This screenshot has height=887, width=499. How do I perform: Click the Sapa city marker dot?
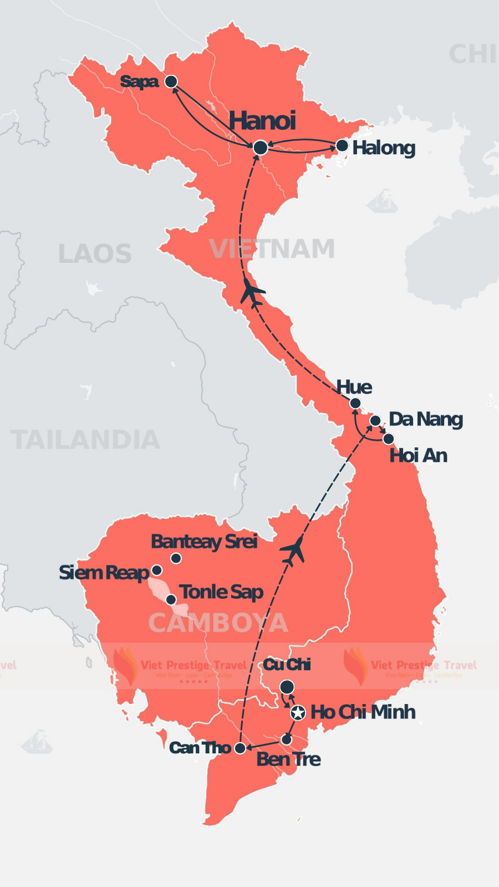click(171, 81)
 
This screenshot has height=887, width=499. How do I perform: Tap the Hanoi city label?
click(262, 121)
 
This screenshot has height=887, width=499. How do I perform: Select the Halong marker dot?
click(342, 146)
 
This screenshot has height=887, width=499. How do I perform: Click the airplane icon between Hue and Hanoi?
click(252, 292)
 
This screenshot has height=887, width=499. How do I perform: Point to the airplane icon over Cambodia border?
click(293, 550)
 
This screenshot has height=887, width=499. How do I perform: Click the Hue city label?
click(354, 387)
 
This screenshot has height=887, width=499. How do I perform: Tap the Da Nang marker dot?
click(375, 420)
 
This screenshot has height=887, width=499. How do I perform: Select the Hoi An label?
click(418, 456)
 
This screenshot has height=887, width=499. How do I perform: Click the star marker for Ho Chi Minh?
click(298, 712)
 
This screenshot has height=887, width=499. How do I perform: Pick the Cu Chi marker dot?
click(287, 687)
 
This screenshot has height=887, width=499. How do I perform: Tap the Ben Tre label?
click(288, 759)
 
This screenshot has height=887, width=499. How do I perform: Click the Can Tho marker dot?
click(240, 748)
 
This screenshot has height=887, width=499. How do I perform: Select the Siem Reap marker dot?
click(157, 570)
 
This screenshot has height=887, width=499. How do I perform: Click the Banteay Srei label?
click(204, 541)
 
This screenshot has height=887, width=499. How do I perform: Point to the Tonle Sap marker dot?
click(171, 599)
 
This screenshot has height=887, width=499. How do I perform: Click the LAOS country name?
click(95, 254)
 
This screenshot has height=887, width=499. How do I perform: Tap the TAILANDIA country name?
click(85, 440)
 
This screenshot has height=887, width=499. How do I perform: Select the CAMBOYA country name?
click(218, 623)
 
